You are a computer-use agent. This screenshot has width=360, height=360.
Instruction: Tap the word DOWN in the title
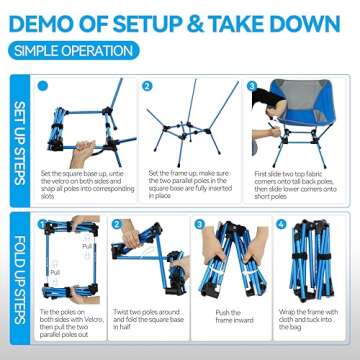pos(321,21)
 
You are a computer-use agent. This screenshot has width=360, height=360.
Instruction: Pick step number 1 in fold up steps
pos(45,224)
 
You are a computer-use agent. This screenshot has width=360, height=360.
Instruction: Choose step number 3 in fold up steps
pos(202,224)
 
